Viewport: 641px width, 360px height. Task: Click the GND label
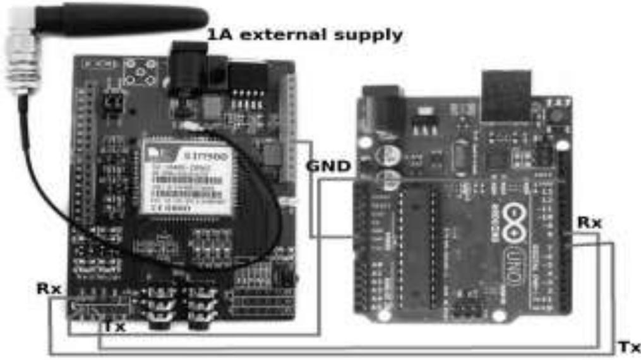329,167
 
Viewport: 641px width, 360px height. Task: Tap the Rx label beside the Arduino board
589,222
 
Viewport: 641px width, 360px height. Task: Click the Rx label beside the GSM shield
49,289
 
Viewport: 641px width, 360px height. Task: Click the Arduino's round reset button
555,114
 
